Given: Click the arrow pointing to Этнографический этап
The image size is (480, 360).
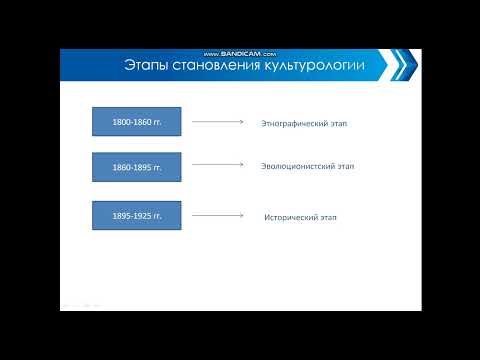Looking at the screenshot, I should pyautogui.click(x=217, y=122).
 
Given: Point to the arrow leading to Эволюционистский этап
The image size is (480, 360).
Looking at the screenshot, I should pyautogui.click(x=217, y=166).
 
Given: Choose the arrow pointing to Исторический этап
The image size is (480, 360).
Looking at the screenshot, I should pyautogui.click(x=217, y=214).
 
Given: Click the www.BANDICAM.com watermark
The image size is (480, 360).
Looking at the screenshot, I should pyautogui.click(x=239, y=51).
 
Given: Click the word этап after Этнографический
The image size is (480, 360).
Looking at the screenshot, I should pyautogui.click(x=347, y=124).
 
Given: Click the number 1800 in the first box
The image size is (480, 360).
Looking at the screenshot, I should pyautogui.click(x=110, y=121).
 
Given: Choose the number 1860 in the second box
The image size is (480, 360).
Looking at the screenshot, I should pyautogui.click(x=110, y=167).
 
